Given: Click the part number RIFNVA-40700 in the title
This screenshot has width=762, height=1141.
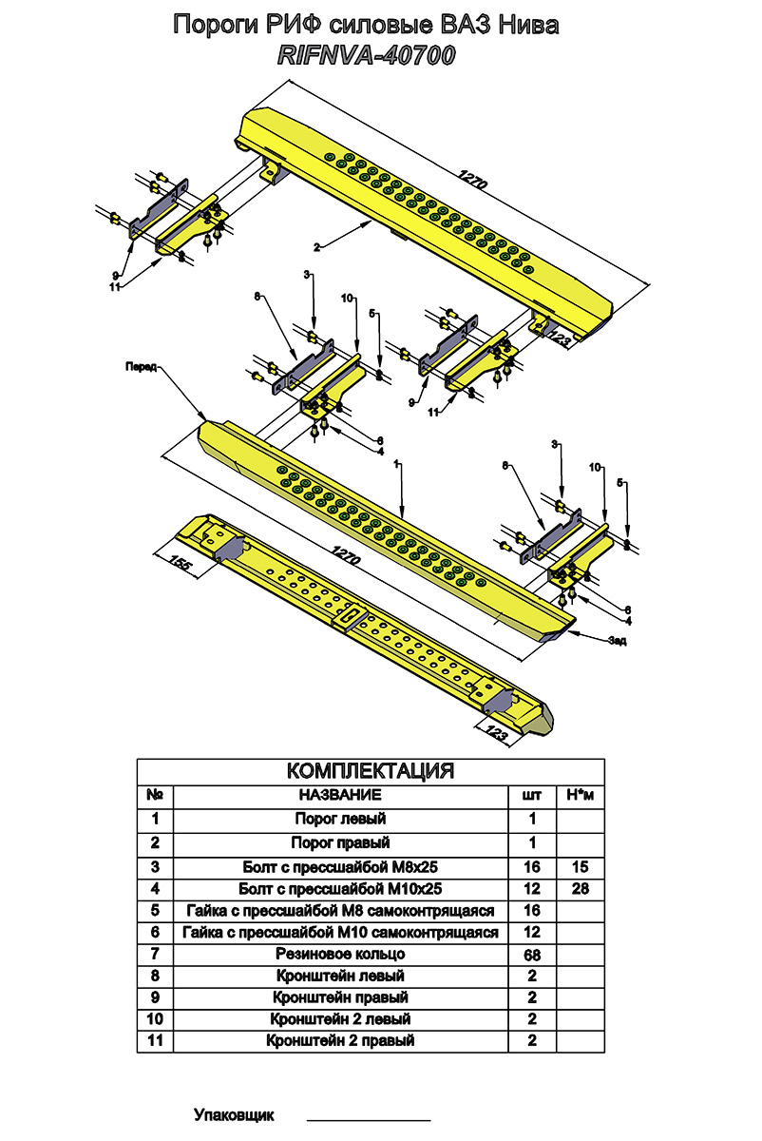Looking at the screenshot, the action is [x=366, y=56].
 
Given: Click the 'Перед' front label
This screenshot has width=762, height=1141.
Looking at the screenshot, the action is [x=141, y=367].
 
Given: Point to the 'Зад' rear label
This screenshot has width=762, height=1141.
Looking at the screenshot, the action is [x=617, y=641].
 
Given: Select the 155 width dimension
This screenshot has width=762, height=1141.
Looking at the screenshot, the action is [x=180, y=563].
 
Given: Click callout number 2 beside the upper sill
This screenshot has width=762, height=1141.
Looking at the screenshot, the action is [x=317, y=247].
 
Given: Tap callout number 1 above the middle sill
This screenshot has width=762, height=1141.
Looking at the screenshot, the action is [x=396, y=464].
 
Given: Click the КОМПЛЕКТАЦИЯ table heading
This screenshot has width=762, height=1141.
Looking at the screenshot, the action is [x=370, y=772].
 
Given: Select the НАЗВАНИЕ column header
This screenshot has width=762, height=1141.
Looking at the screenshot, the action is [x=340, y=795].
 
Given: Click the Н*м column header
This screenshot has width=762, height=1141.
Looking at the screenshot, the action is [x=581, y=795].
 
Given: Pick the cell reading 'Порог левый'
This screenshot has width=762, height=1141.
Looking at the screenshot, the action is [x=340, y=819].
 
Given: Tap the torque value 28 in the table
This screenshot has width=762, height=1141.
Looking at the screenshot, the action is [x=581, y=889].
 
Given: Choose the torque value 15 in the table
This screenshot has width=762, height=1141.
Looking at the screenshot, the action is [x=581, y=866].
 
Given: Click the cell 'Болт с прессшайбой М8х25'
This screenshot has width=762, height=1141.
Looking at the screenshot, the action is [x=340, y=866].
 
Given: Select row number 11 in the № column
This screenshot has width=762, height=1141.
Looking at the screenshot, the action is [x=155, y=1039].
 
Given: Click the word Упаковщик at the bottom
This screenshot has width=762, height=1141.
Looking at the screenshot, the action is [x=234, y=1115].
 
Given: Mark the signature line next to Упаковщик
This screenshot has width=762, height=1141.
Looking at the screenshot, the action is [x=369, y=1120].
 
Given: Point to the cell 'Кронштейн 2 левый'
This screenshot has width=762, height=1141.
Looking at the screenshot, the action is [x=340, y=1018].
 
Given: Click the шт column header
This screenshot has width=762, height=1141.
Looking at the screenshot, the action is [x=532, y=795].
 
